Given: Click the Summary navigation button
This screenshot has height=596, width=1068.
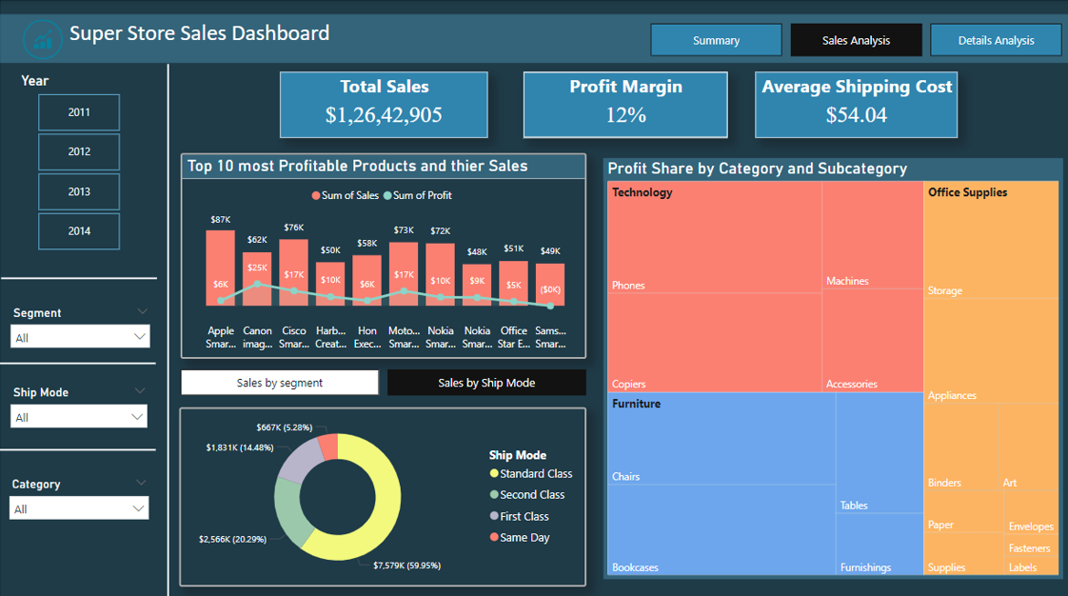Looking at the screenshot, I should click(x=716, y=40).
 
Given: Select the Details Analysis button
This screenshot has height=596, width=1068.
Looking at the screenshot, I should click(x=996, y=40).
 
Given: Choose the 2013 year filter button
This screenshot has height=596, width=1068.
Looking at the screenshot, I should click(x=79, y=191).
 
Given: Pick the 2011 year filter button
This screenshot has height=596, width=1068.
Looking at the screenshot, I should click(x=79, y=112).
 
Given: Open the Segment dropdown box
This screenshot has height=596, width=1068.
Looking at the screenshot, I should click(x=80, y=337).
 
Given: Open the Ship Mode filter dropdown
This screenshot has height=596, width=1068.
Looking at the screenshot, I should click(x=80, y=417).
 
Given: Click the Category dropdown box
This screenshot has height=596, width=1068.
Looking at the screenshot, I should click(x=80, y=508).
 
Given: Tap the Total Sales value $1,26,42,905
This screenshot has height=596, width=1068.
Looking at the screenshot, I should click(x=384, y=115).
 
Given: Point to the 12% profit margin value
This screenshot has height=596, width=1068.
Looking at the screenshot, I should click(x=625, y=115).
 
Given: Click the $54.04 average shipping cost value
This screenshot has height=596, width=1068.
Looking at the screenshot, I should click(x=856, y=115).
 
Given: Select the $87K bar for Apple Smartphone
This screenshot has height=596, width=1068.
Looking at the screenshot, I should click(x=221, y=267).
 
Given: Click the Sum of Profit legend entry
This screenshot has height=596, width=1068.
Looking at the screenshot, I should click(x=418, y=195).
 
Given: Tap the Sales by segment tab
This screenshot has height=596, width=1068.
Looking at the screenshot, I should click(x=280, y=383).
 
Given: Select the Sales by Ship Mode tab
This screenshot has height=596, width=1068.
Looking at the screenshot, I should click(x=486, y=383).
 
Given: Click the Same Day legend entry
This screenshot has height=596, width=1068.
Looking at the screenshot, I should click(x=524, y=538).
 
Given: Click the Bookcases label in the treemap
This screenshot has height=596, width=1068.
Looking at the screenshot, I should click(x=635, y=567).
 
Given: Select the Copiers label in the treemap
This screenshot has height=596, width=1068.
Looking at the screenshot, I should click(x=628, y=384).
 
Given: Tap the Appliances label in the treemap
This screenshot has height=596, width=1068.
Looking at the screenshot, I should click(x=952, y=395).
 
